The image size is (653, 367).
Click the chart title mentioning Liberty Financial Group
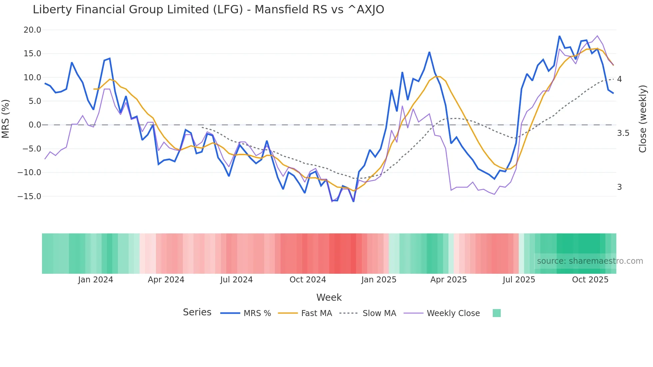click(x=208, y=10)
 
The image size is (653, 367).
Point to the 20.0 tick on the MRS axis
click(x=32, y=30)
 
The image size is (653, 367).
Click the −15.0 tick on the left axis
click(x=29, y=196)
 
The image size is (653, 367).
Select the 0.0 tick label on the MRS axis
click(x=35, y=125)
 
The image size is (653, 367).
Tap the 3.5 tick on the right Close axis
click(x=623, y=134)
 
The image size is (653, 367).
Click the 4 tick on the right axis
click(x=619, y=79)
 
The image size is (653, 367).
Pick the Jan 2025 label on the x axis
click(x=378, y=280)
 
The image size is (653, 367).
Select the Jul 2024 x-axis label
click(x=236, y=280)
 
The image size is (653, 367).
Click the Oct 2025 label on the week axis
click(x=590, y=280)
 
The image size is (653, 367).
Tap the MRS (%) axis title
click(x=6, y=119)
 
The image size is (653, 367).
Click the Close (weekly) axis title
click(x=643, y=119)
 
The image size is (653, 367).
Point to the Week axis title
click(x=329, y=297)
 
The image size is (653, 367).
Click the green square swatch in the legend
click(x=496, y=313)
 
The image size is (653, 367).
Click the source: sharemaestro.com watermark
click(x=590, y=261)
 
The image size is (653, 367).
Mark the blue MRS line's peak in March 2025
click(x=429, y=52)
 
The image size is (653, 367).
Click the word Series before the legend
click(x=197, y=312)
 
